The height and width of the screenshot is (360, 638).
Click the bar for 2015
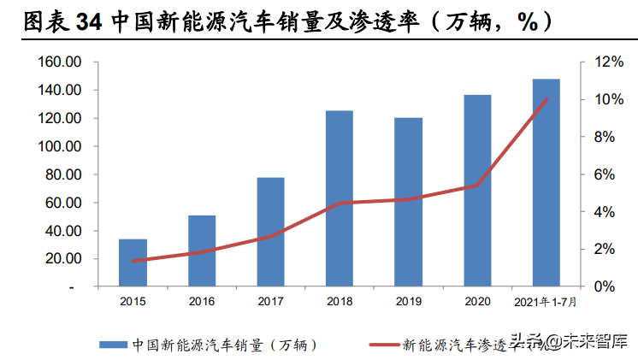click(x=133, y=263)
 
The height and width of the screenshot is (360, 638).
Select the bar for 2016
click(x=202, y=251)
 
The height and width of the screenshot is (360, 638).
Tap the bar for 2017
click(x=271, y=232)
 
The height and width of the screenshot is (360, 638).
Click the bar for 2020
click(x=477, y=191)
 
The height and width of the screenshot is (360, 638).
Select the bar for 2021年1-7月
click(x=546, y=183)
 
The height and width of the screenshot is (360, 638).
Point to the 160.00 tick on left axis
click(x=59, y=62)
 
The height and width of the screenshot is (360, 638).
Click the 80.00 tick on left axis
click(x=62, y=174)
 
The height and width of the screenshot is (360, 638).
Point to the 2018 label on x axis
click(x=340, y=301)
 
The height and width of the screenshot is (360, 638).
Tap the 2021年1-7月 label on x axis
click(x=546, y=301)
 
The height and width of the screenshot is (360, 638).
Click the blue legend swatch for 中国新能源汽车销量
click(x=111, y=344)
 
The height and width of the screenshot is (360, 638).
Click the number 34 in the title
click(x=91, y=23)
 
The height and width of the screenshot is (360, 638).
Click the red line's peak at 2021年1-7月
click(x=546, y=99)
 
